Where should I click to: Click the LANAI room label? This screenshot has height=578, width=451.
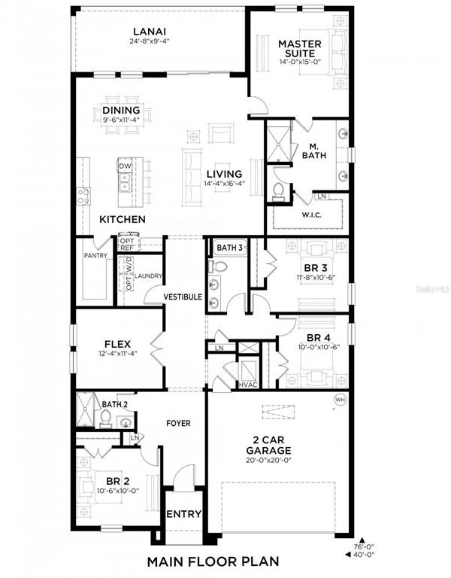[149, 31]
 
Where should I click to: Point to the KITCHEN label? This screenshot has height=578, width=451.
[123, 219]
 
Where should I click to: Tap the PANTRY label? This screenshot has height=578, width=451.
[95, 255]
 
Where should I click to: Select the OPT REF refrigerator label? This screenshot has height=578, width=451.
[126, 245]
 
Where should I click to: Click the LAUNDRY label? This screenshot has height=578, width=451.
[148, 276]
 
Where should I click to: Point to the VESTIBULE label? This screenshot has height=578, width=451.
[183, 297]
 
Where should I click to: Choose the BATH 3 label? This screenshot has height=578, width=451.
[229, 248]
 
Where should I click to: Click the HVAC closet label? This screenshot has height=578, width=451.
[248, 385]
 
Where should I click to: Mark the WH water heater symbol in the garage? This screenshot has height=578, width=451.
[339, 400]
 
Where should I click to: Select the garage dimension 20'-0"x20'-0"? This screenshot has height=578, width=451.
[279, 461]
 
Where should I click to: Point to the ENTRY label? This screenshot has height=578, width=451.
[183, 515]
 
